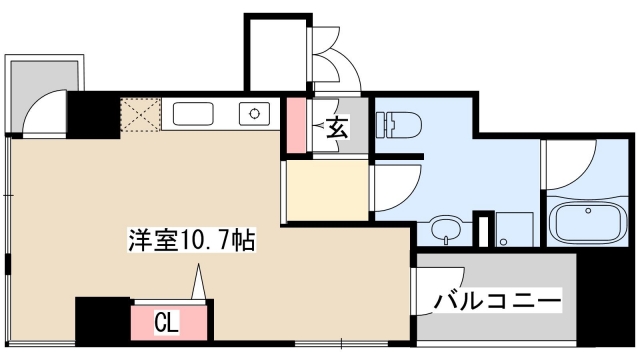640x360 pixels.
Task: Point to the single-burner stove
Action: [255, 113]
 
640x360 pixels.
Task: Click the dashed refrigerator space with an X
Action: [139, 114]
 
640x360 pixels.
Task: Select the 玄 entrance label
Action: [338, 127]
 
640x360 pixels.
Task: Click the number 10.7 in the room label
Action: [213, 240]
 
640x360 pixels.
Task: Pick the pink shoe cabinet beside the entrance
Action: [297, 125]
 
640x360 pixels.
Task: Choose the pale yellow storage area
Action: [325, 190]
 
